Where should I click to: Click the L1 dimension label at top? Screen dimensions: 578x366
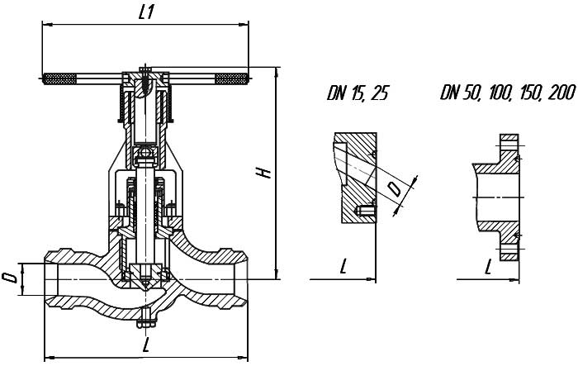[x=146, y=13]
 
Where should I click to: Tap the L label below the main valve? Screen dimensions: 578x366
[x=146, y=345]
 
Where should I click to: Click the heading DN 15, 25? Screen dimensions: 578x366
[x=358, y=93]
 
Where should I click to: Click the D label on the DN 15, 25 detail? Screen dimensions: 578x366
[x=396, y=189]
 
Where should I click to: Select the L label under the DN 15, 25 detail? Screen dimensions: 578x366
[x=343, y=266]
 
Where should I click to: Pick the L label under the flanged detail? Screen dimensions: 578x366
[x=488, y=267]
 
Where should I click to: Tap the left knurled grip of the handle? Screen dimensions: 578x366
[x=59, y=79]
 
